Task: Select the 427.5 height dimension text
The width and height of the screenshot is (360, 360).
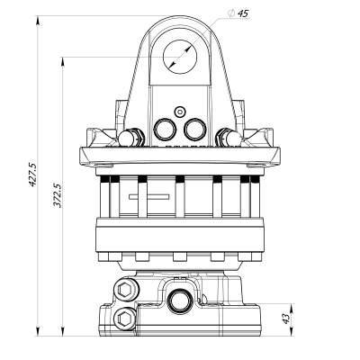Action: click(x=33, y=174)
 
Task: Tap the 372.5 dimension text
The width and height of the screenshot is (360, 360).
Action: click(x=57, y=196)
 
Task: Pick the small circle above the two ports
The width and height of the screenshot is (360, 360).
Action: click(x=180, y=112)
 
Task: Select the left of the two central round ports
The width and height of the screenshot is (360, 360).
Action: click(x=166, y=129)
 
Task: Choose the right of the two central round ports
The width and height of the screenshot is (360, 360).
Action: click(x=194, y=129)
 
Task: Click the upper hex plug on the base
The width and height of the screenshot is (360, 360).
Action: click(x=125, y=291)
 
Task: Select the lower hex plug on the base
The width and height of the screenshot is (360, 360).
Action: click(x=125, y=316)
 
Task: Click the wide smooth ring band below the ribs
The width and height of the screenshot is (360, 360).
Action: click(x=180, y=236)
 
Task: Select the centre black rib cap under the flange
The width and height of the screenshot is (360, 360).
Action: click(x=180, y=179)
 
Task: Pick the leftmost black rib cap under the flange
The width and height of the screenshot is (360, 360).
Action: click(x=109, y=179)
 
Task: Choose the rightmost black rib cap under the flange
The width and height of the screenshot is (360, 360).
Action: click(x=251, y=179)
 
